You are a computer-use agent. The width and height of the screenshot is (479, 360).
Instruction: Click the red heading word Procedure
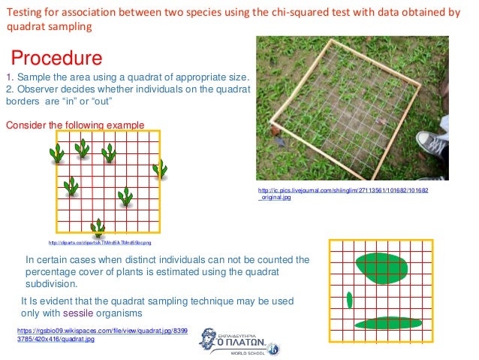pos(56,58)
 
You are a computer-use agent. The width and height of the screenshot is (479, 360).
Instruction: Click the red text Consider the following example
pos(74,125)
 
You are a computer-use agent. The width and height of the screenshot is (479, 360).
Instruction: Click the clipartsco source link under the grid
pos(99,243)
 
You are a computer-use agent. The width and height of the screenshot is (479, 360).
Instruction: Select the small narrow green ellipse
pos(350,301)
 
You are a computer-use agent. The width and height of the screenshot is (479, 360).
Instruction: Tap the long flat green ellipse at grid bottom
pos(388,322)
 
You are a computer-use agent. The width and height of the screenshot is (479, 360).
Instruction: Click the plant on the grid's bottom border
pos(98,226)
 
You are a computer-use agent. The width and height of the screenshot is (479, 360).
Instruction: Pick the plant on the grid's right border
pos(159,169)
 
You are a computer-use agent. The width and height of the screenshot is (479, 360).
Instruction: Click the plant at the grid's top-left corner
pos(57,153)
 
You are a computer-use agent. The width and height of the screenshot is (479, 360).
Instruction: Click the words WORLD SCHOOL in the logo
pos(249,352)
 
